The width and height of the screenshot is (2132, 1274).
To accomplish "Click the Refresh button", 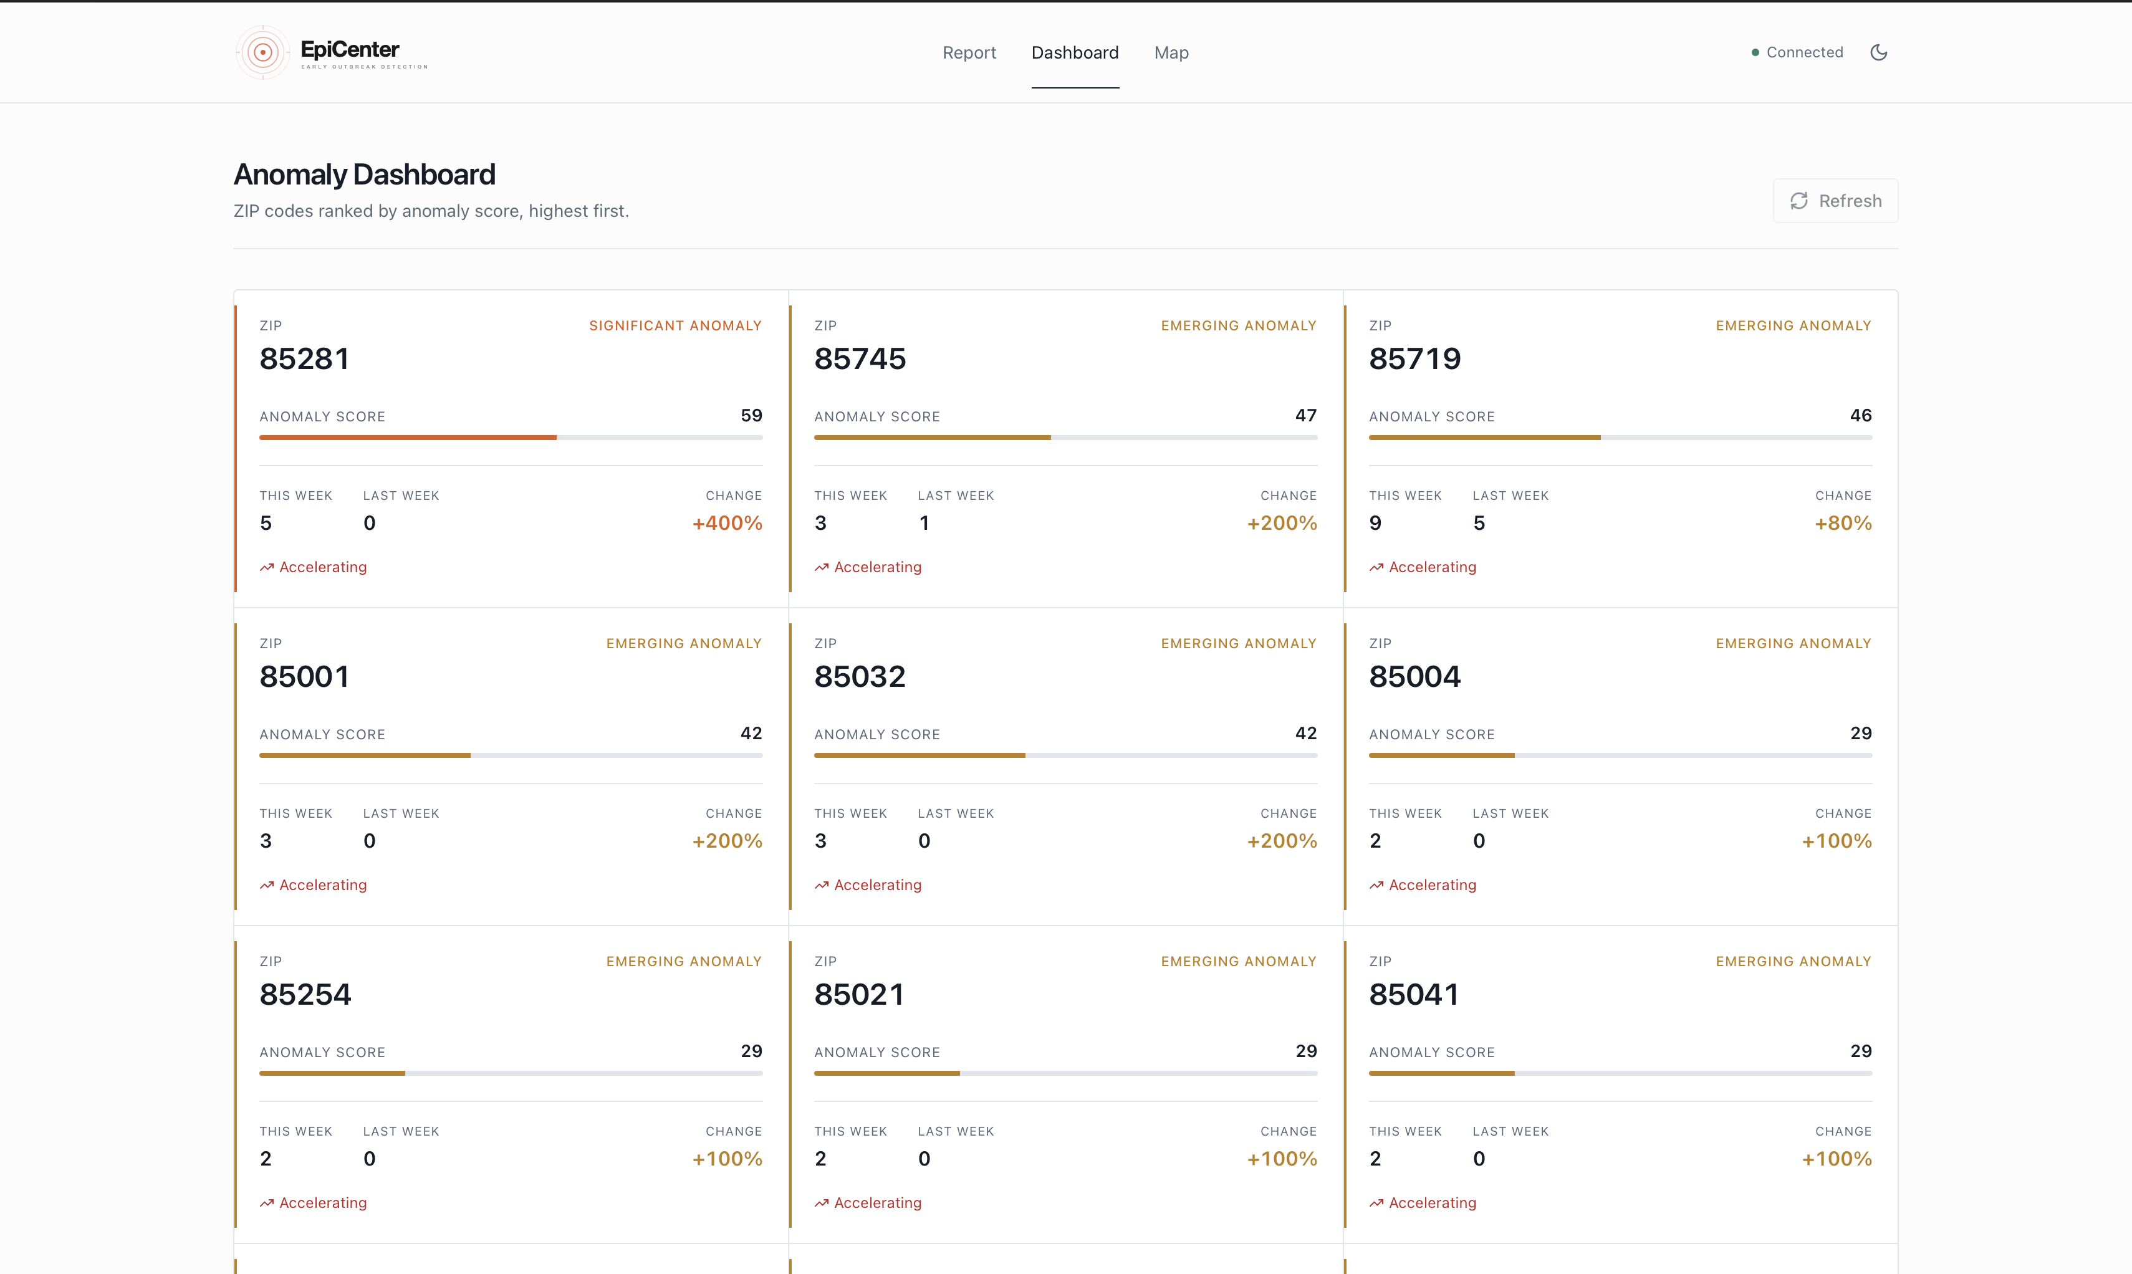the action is [1835, 201].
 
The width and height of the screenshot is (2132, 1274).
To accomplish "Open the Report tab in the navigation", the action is [969, 52].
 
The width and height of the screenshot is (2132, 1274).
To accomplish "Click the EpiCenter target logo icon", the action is [262, 52].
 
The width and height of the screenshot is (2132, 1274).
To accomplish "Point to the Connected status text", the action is [1805, 52].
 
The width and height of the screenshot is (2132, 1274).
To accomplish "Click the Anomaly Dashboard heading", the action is [364, 175].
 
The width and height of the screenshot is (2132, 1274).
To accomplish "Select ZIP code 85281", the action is [305, 359].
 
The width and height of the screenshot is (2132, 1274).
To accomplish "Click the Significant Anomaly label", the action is [676, 325].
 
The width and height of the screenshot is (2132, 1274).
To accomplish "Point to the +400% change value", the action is [727, 523].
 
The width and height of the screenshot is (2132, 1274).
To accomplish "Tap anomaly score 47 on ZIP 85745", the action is [1306, 416].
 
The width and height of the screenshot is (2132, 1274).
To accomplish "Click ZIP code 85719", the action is [1415, 359].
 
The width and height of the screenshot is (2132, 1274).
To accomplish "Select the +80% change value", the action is [1843, 523].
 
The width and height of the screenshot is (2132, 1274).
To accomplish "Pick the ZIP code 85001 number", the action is [305, 676].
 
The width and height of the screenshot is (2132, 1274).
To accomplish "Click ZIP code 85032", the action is [860, 676].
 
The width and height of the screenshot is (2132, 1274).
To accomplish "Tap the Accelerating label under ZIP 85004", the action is [1432, 885].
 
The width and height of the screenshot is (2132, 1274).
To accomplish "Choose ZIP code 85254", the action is [305, 994].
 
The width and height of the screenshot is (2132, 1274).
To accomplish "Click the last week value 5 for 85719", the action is [1479, 523].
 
